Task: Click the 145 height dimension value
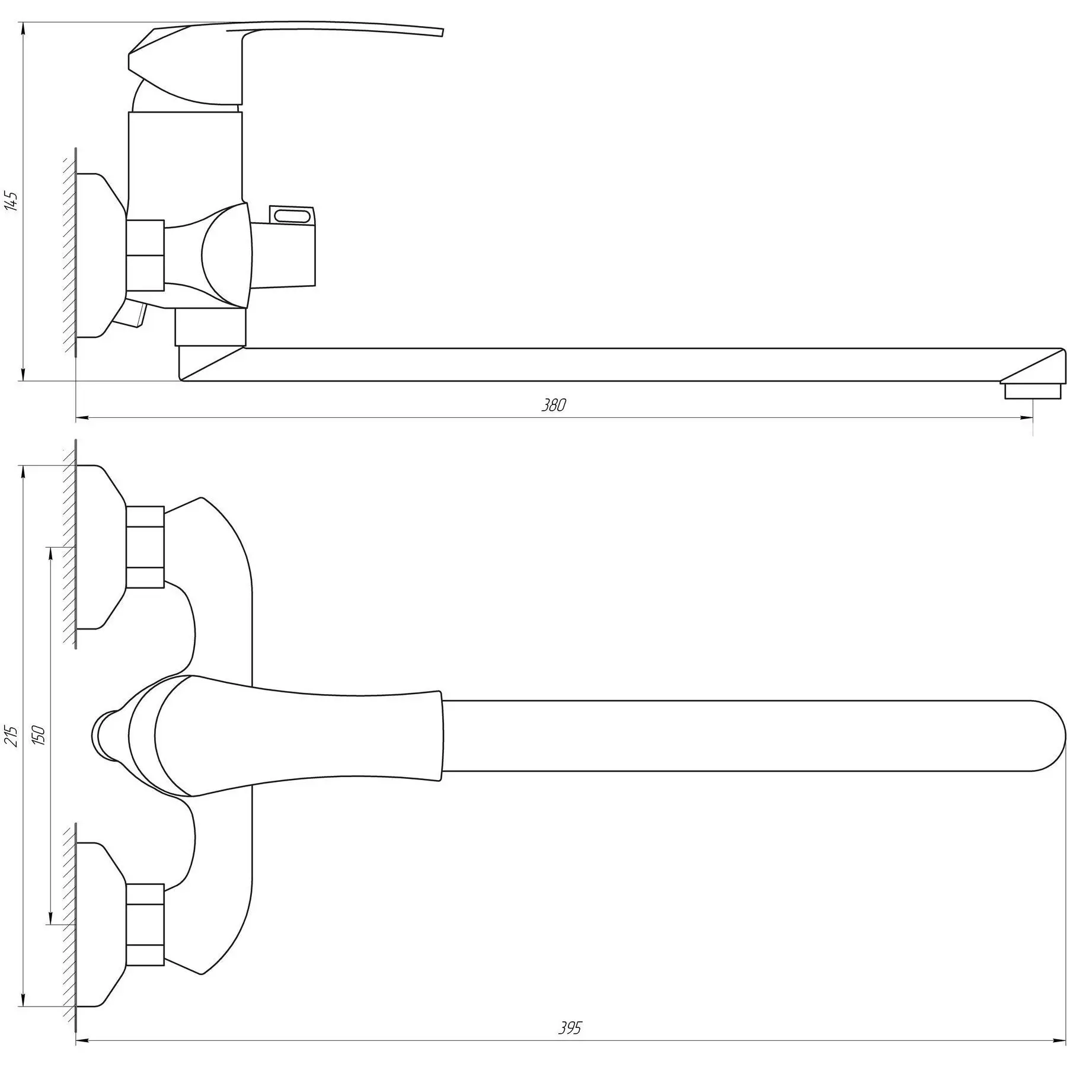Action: (12, 202)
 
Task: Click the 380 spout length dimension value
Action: (554, 405)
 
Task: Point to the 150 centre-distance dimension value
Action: (39, 735)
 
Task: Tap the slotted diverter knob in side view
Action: (292, 215)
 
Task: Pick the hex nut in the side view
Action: (145, 255)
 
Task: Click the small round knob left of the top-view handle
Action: (102, 736)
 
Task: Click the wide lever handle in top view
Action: (296, 736)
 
